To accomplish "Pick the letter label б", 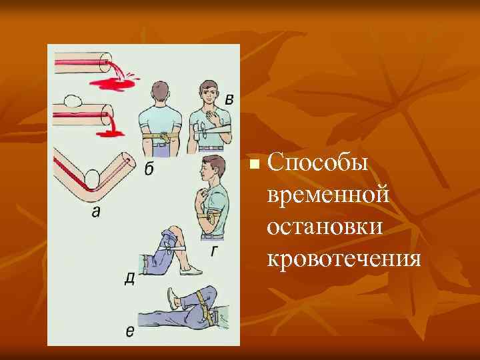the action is (x=148, y=169).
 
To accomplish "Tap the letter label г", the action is (x=214, y=251).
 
